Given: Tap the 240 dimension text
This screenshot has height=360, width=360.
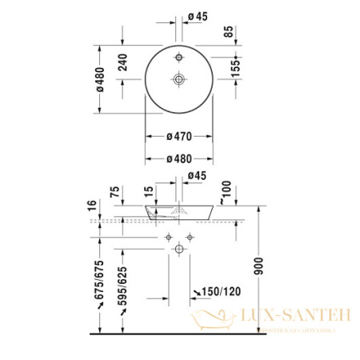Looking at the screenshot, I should (x=122, y=70).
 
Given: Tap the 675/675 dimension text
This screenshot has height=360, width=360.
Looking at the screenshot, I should (x=101, y=278).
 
